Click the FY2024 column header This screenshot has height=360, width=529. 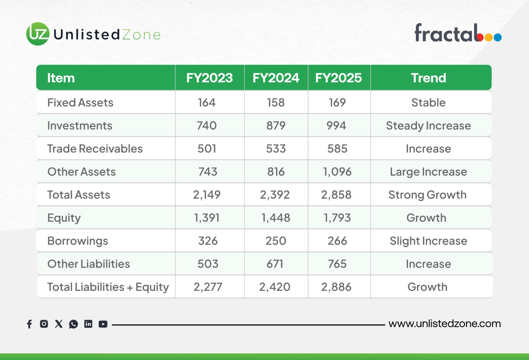point(276,78)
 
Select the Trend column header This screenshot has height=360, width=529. point(428,78)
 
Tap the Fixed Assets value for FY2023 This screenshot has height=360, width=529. point(207,103)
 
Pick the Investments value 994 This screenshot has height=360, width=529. point(336,125)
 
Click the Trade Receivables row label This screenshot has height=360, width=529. point(95,149)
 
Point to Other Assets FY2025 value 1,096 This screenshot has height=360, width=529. point(337,172)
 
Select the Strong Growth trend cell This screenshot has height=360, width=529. point(427,195)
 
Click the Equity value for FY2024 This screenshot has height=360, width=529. point(276,218)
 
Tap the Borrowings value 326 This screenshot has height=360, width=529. point(208,241)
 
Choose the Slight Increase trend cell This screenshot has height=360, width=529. point(428,241)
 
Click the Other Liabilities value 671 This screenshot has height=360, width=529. point(275,264)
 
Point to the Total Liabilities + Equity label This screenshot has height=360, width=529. point(108,287)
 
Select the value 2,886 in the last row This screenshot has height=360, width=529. point(336,287)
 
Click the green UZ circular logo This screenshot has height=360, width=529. point(38,34)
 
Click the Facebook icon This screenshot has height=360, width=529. point(29,324)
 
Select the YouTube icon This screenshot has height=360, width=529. point(103,324)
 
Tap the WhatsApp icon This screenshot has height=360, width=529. point(73,324)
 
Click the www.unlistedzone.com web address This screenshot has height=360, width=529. point(445,324)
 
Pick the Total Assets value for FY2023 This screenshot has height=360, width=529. point(207,195)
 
